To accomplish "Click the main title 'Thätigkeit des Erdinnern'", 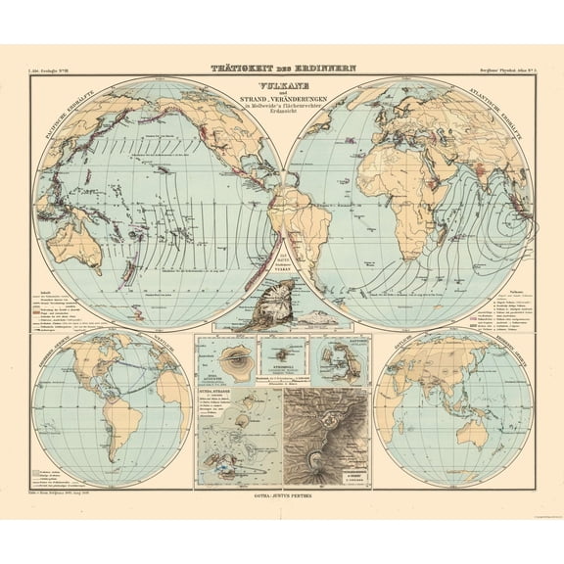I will coord(281,69).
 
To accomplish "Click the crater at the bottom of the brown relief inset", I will coord(318,458).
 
